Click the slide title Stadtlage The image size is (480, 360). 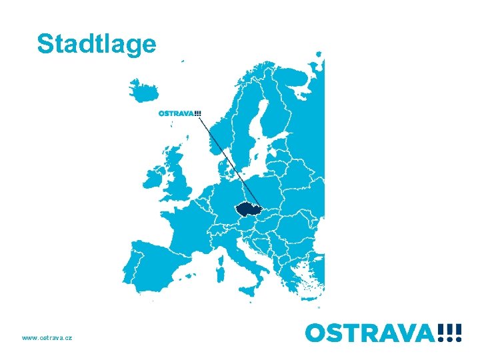tap(97, 43)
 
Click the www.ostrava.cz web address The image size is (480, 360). tap(47, 338)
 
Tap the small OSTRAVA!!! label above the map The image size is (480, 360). tap(179, 113)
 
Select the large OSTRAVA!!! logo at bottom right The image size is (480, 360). tap(383, 331)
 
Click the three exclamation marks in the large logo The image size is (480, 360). tap(449, 331)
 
